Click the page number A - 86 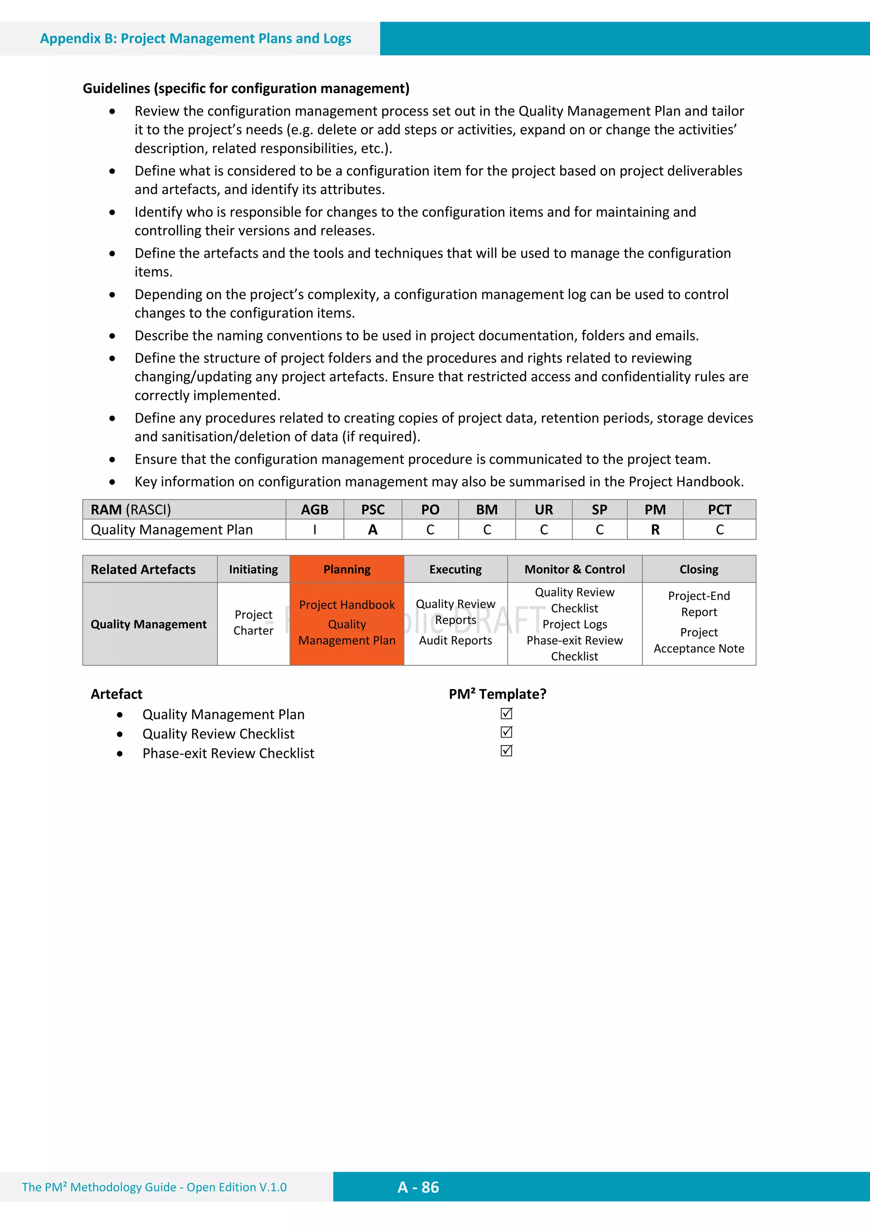coord(418,1187)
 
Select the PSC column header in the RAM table coord(373,509)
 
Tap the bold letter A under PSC coord(373,530)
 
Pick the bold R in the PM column coord(655,530)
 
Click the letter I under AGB coord(315,530)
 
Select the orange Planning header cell coord(347,569)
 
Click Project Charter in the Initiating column coord(254,622)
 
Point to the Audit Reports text coord(455,641)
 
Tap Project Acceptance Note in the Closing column coord(698,641)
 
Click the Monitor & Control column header coord(575,569)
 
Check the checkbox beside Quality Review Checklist coord(506,732)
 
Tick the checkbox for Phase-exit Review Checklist coord(506,751)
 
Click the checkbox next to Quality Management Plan coord(506,714)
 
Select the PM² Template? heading coord(497,694)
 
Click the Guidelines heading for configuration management coord(246,88)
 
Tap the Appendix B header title coord(196,39)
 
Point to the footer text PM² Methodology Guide coord(154,1187)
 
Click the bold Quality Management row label coord(149,624)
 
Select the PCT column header coord(719,509)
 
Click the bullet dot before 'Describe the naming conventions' coord(112,336)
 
